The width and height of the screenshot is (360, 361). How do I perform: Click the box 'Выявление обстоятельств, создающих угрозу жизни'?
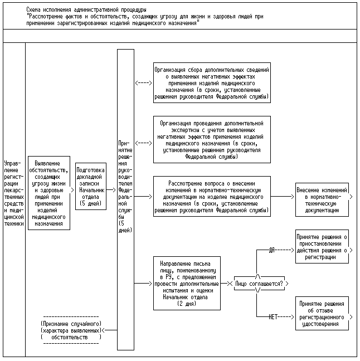pyautogui.click(x=49, y=192)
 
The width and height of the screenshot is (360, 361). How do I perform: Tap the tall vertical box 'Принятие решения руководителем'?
pyautogui.click(x=125, y=199)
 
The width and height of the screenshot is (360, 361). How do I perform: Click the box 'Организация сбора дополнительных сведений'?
pyautogui.click(x=211, y=82)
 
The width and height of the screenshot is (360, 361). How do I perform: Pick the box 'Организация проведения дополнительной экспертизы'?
pyautogui.click(x=211, y=139)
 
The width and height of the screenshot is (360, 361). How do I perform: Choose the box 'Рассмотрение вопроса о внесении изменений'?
pyautogui.click(x=211, y=197)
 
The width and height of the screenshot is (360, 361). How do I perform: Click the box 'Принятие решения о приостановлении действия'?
pyautogui.click(x=322, y=247)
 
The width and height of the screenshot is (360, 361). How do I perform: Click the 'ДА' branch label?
pyautogui.click(x=272, y=250)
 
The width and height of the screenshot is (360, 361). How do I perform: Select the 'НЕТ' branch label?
pyautogui.click(x=273, y=316)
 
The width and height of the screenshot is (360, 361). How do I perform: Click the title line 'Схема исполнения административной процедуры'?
pyautogui.click(x=86, y=10)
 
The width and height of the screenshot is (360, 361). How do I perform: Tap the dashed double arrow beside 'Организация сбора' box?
pyautogui.click(x=144, y=82)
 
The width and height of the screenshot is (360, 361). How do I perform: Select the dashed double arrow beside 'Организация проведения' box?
pyautogui.click(x=144, y=143)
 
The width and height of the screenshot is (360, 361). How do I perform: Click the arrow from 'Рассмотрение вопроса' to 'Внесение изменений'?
pyautogui.click(x=283, y=197)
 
